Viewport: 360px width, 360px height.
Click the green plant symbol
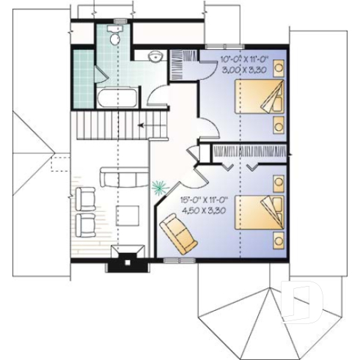[158, 188]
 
